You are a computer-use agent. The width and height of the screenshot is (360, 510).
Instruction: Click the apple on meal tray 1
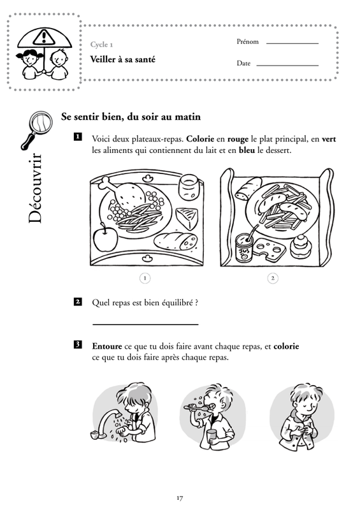105,238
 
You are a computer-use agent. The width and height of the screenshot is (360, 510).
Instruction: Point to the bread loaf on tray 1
176,241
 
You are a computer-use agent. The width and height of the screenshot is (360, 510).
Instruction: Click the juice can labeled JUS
245,249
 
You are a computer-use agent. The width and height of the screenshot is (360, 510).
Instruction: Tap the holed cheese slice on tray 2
270,249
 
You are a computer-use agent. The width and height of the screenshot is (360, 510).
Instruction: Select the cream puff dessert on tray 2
301,247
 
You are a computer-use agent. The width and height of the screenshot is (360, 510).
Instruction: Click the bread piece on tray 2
248,189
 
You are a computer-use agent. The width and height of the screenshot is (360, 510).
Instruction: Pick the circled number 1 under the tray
145,279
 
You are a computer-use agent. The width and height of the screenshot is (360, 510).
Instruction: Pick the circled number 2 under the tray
273,278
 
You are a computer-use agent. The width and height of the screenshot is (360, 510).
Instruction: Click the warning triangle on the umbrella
42,36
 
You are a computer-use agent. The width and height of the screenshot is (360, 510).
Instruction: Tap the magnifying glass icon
36,129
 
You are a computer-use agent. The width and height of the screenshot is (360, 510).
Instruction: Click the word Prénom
247,41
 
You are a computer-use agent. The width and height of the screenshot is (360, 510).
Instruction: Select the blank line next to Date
287,66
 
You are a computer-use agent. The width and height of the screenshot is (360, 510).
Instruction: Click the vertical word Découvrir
35,188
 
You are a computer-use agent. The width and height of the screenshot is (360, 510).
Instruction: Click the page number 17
180,498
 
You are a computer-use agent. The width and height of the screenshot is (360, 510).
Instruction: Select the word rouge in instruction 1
238,139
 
